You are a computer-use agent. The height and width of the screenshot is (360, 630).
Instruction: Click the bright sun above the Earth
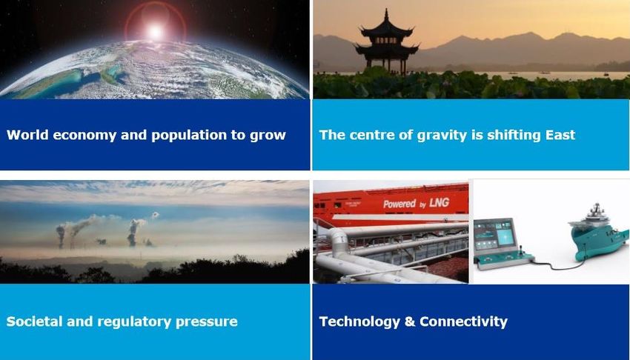pyautogui.click(x=156, y=31)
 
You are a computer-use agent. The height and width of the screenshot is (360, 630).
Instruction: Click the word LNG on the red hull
pyautogui.click(x=439, y=203)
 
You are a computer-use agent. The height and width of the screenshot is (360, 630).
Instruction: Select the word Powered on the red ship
pyautogui.click(x=399, y=204)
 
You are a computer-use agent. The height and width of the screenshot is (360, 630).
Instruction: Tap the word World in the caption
pyautogui.click(x=26, y=135)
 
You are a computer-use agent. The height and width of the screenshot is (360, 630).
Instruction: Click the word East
pyautogui.click(x=560, y=135)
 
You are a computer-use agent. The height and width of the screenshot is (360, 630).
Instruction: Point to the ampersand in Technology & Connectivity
pyautogui.click(x=410, y=321)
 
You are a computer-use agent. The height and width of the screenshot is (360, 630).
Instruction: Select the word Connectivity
pyautogui.click(x=464, y=322)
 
